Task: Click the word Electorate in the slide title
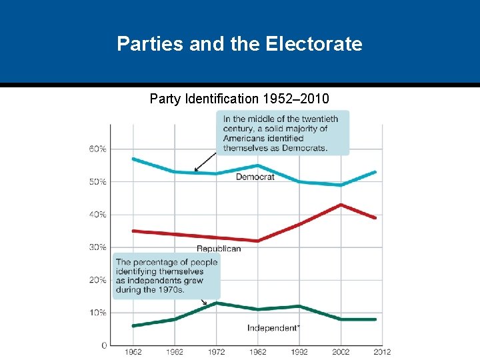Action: pyautogui.click(x=314, y=44)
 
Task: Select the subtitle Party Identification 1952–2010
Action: pyautogui.click(x=239, y=99)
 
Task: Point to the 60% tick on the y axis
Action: pyautogui.click(x=97, y=149)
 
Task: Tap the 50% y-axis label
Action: pyautogui.click(x=97, y=181)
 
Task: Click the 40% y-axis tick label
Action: pyautogui.click(x=97, y=214)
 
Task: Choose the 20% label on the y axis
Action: pyautogui.click(x=97, y=280)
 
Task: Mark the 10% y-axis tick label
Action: pyautogui.click(x=97, y=313)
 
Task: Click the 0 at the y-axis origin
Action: pyautogui.click(x=104, y=345)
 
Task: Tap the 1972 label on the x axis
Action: pyautogui.click(x=216, y=351)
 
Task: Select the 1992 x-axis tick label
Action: pyautogui.click(x=299, y=351)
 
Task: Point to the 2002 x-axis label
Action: pyautogui.click(x=340, y=351)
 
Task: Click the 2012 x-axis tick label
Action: pyautogui.click(x=381, y=351)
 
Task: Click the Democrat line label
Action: pyautogui.click(x=255, y=177)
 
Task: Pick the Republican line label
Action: pyautogui.click(x=219, y=249)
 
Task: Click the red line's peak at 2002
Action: pyautogui.click(x=341, y=205)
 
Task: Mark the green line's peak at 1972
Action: pyautogui.click(x=216, y=303)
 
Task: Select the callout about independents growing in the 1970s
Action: pyautogui.click(x=166, y=276)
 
